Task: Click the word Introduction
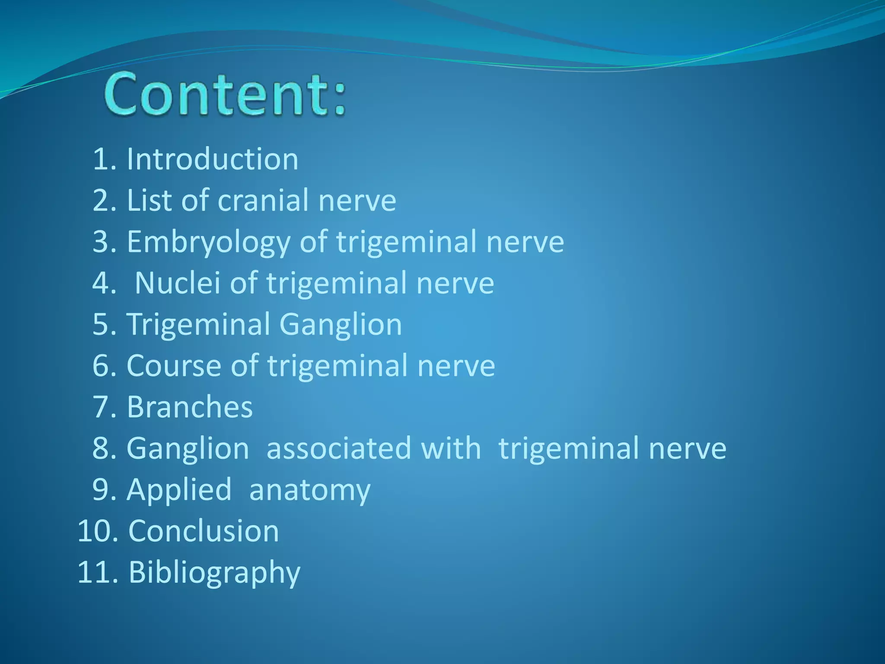pos(212,159)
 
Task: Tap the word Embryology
pos(209,242)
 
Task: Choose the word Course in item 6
pos(174,366)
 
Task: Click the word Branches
pos(189,407)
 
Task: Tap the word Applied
pos(179,490)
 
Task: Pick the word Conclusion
pos(204,531)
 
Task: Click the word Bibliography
pos(214,572)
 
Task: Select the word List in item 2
pos(149,201)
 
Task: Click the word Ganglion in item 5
pos(341,324)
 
